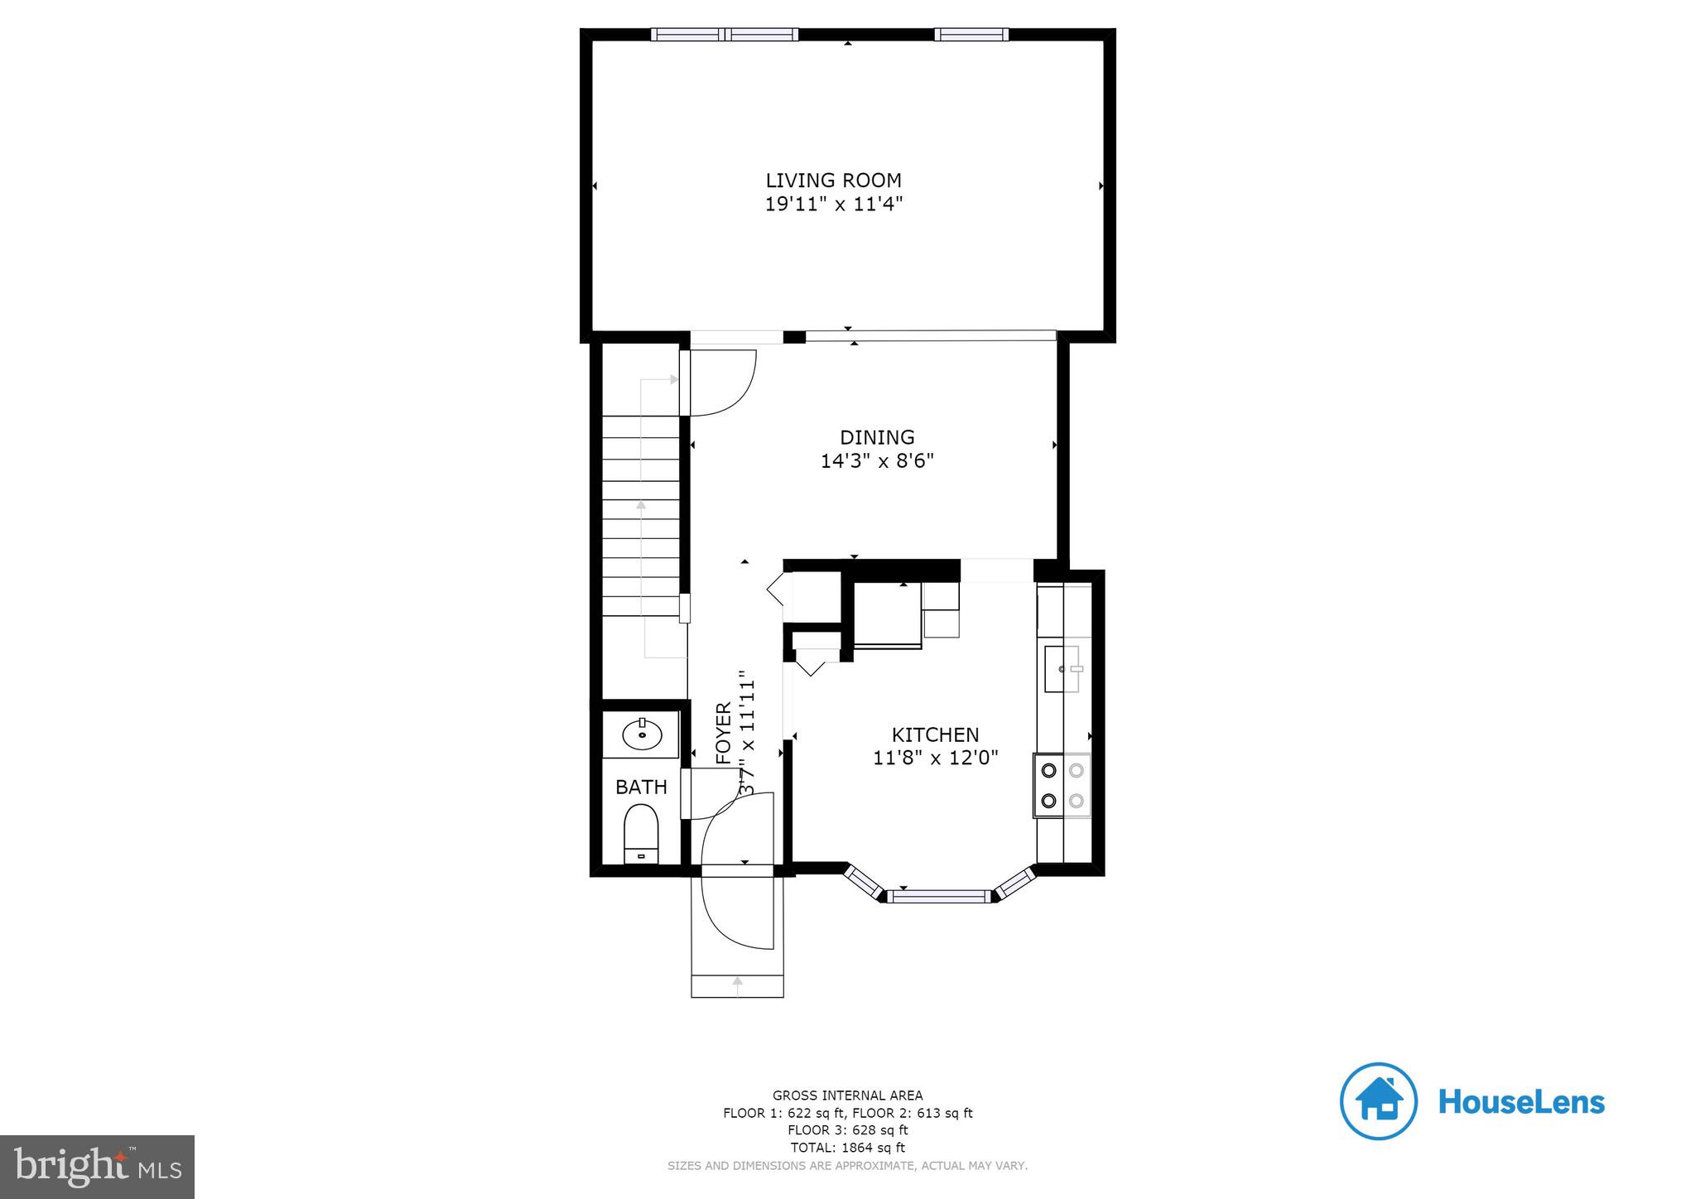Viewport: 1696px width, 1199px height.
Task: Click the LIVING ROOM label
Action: click(x=833, y=181)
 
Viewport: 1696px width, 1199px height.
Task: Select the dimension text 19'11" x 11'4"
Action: click(x=833, y=205)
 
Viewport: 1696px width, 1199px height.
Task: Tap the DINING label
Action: click(x=877, y=437)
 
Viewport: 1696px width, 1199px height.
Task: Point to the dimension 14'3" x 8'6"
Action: click(x=877, y=461)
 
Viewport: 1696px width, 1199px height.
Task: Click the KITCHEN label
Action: click(x=935, y=734)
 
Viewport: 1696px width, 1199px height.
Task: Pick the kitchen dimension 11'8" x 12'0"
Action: click(x=935, y=758)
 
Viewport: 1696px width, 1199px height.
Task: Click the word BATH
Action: click(x=641, y=787)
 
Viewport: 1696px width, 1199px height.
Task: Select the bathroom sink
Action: click(x=642, y=734)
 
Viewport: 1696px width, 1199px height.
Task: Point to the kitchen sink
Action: click(x=1062, y=668)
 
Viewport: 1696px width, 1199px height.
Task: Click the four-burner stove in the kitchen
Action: click(x=1062, y=785)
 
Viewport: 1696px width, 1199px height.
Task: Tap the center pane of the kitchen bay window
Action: click(x=940, y=895)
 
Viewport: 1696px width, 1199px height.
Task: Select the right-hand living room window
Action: click(x=971, y=35)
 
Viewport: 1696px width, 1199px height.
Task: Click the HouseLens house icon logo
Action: click(x=1378, y=1101)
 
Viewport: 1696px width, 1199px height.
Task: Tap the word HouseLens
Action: click(x=1521, y=1102)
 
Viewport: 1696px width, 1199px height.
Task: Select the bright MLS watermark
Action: click(x=98, y=1167)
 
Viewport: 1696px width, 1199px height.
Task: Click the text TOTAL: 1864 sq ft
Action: click(x=847, y=1148)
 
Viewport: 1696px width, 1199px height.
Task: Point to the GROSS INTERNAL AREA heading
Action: click(x=847, y=1095)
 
